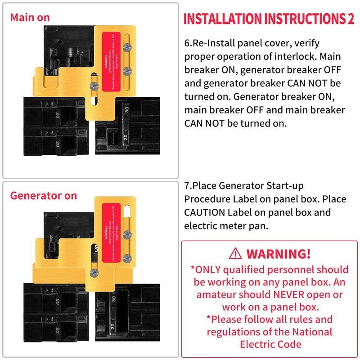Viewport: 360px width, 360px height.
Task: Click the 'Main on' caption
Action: [30, 18]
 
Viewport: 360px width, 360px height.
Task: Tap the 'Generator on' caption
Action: [43, 196]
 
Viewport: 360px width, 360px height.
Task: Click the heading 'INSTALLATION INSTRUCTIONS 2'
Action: [269, 19]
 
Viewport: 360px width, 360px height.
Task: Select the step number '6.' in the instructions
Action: [189, 44]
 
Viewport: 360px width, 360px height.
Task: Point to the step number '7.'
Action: [189, 186]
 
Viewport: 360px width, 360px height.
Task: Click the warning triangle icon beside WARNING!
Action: [235, 254]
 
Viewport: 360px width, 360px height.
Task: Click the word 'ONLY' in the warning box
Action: [210, 270]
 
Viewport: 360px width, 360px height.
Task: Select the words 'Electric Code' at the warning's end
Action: [270, 344]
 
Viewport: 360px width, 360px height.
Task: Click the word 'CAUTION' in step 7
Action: [206, 212]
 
